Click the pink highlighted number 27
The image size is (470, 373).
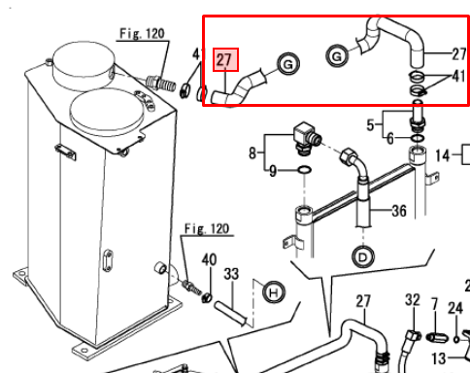(x=225, y=60)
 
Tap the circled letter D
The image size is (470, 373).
(x=363, y=257)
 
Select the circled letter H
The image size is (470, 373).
(x=274, y=292)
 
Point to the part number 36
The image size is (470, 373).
(x=399, y=211)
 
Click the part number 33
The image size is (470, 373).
(x=231, y=274)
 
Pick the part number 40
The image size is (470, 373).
(x=209, y=259)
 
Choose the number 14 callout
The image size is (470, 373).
(x=443, y=155)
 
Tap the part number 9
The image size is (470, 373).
(x=273, y=171)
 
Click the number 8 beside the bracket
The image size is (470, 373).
(x=252, y=153)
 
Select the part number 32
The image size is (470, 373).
(x=413, y=300)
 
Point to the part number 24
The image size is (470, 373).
(x=455, y=308)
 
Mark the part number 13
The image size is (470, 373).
(x=439, y=358)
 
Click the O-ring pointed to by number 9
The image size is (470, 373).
(x=304, y=169)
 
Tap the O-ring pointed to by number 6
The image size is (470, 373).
(x=418, y=138)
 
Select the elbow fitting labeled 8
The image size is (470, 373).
(x=307, y=138)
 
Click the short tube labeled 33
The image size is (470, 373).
(x=230, y=313)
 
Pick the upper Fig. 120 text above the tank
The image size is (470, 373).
(x=142, y=33)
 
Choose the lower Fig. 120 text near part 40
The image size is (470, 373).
(x=207, y=228)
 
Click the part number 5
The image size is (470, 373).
(x=370, y=124)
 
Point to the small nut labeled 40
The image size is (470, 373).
(x=207, y=297)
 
